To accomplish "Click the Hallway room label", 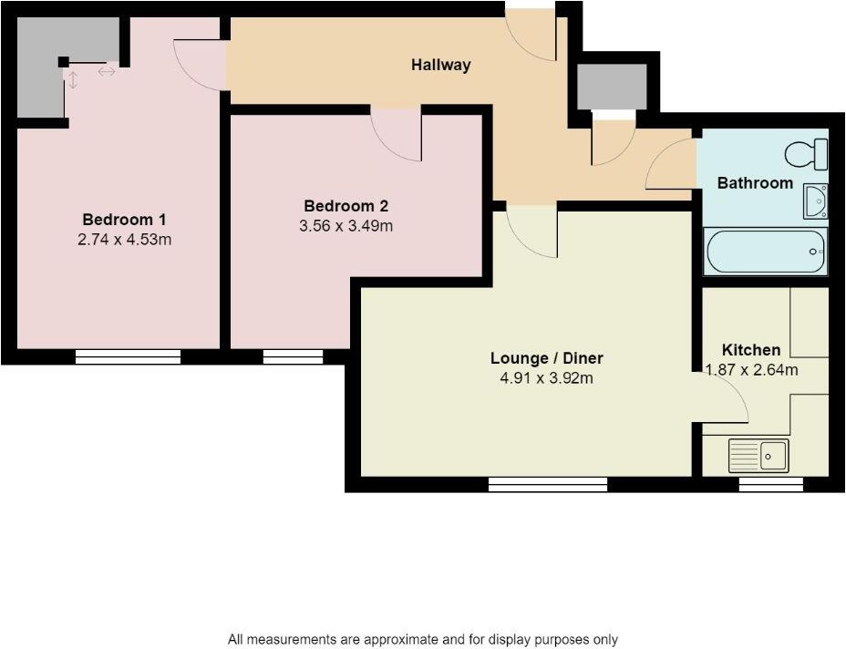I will (x=440, y=65).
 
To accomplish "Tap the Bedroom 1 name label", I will (x=124, y=220).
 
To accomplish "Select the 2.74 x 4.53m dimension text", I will (x=124, y=241).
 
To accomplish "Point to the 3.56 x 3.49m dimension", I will (x=346, y=226).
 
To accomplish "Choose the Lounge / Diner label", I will (x=547, y=358).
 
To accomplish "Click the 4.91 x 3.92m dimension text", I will (x=547, y=378).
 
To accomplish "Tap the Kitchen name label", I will (x=751, y=350).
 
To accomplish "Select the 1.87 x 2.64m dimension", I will (x=753, y=370).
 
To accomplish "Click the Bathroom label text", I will (x=755, y=183).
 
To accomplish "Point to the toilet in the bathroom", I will (x=806, y=154).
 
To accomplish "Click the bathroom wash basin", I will (x=815, y=201).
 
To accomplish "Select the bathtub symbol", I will (x=766, y=252).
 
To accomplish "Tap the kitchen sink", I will (x=758, y=455).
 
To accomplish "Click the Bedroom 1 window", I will (x=128, y=356).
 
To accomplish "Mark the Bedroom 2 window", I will (x=294, y=356).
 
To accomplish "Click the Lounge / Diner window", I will (x=548, y=485).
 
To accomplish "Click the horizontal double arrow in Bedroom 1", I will (x=107, y=71).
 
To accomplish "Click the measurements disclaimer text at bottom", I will (x=423, y=640).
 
